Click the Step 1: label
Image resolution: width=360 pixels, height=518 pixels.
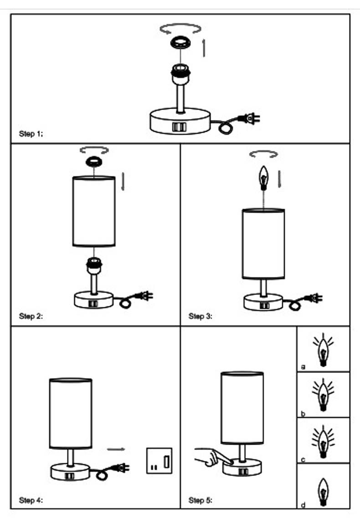pos(31,134)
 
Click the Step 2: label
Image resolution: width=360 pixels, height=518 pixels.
pos(31,316)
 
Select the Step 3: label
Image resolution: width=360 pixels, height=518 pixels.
pos(201,316)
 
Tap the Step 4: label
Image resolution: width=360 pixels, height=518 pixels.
pos(31,500)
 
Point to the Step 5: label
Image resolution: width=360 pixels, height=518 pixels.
pos(201,500)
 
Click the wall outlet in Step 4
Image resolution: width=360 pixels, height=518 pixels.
pos(159,460)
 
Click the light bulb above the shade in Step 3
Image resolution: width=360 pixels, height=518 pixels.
pos(263,177)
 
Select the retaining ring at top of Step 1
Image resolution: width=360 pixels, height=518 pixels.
pos(180,44)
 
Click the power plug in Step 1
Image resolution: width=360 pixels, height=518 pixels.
pos(250,119)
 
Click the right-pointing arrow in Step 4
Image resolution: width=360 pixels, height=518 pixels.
pos(116,449)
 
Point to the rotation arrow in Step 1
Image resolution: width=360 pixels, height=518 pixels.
pos(180,29)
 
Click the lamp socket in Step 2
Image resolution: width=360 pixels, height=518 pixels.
pos(94,265)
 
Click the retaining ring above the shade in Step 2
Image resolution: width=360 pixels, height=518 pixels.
pos(94,162)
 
